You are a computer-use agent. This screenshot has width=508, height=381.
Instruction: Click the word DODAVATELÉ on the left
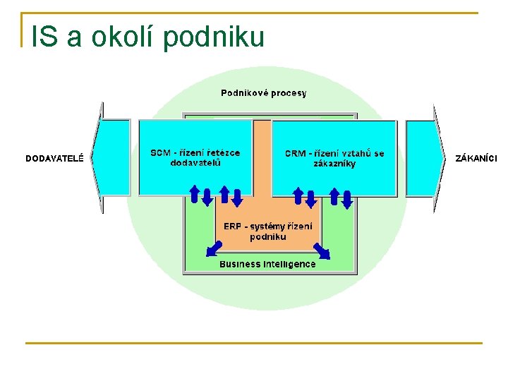(54, 158)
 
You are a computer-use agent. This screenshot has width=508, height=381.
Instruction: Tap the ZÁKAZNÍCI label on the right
(476, 158)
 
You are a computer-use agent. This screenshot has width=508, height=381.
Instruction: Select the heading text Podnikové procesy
(264, 92)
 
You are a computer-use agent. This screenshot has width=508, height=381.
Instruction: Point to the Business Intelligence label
(267, 264)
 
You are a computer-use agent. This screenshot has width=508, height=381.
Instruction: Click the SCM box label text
(195, 157)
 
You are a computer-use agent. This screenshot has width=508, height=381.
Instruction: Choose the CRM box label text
(334, 158)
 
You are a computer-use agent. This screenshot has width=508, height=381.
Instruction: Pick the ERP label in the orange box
(267, 231)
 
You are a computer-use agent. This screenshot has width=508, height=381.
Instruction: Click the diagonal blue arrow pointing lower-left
(214, 248)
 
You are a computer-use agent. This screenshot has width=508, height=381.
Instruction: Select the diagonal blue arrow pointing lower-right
(322, 250)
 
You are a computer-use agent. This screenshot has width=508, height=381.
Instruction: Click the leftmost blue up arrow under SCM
(194, 193)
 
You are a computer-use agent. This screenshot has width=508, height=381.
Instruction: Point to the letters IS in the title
(44, 37)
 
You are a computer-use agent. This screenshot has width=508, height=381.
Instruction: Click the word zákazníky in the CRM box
(334, 164)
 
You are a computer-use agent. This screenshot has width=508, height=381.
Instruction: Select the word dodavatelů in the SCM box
(195, 163)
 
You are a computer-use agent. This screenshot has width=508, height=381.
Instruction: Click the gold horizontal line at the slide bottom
(254, 344)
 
